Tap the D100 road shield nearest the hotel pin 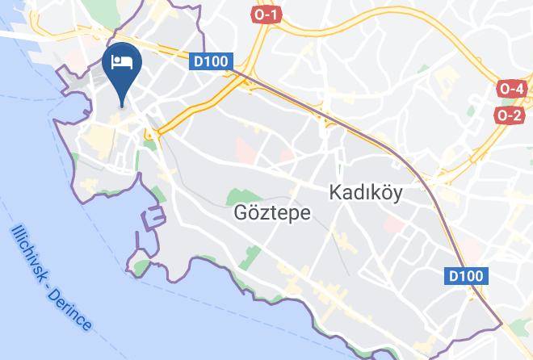[212, 61]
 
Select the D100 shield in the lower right [467, 277]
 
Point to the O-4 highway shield [511, 89]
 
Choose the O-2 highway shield [510, 115]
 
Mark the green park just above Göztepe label [237, 196]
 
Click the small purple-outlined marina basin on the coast [153, 220]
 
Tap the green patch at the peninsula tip [141, 266]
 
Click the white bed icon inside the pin [124, 61]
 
